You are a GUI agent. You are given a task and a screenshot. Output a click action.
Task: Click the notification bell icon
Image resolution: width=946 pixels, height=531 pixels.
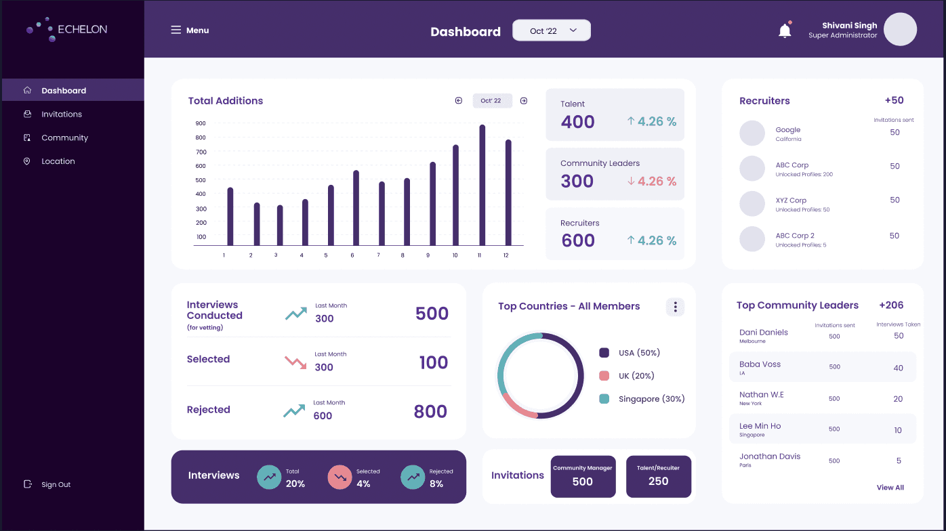(x=785, y=30)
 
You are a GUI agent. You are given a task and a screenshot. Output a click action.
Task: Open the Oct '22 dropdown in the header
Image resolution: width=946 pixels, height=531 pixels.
(x=552, y=30)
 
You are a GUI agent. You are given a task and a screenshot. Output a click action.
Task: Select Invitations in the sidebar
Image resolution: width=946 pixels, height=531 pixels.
(x=62, y=114)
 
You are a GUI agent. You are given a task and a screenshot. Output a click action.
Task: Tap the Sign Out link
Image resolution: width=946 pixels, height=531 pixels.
(x=56, y=484)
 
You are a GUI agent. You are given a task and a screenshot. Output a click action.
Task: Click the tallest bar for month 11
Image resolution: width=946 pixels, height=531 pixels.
(x=482, y=185)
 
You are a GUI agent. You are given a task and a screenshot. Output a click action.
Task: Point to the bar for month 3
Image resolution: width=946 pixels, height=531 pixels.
(x=280, y=226)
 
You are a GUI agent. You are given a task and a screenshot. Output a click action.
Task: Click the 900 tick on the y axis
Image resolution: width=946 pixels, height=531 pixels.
(x=201, y=123)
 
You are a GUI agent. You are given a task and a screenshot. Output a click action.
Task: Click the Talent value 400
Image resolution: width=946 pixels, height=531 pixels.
(x=577, y=122)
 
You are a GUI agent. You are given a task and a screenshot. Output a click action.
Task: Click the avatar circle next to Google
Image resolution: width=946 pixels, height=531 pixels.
(x=752, y=133)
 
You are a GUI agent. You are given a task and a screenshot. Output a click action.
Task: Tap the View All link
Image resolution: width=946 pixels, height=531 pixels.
(x=890, y=488)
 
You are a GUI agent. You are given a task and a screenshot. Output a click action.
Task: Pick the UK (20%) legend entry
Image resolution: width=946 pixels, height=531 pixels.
(x=636, y=376)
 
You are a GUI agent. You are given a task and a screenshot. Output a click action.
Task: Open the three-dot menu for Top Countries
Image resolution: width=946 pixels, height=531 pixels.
(x=675, y=307)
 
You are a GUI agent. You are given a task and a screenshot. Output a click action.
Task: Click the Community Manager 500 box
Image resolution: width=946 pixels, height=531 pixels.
(x=583, y=476)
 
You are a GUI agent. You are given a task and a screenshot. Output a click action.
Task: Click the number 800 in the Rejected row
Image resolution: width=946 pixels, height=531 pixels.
(x=430, y=411)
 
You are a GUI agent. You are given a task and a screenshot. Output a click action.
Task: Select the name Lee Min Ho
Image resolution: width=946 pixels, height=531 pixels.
(x=760, y=426)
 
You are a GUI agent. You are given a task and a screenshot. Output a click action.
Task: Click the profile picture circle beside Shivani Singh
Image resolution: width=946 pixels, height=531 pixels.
(x=900, y=30)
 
